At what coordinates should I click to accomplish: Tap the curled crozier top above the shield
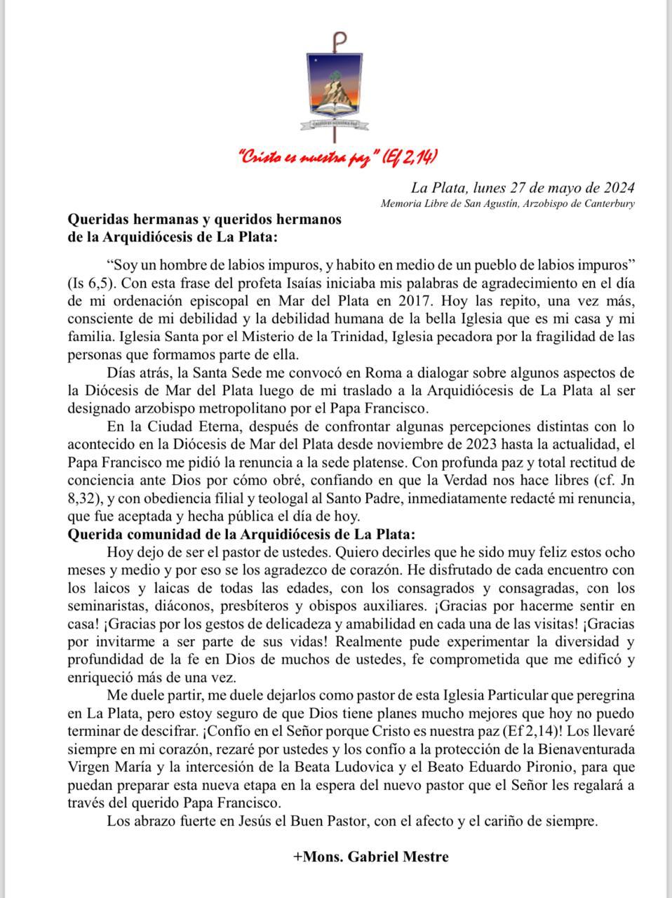[340, 40]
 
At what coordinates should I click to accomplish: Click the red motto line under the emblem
[339, 156]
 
